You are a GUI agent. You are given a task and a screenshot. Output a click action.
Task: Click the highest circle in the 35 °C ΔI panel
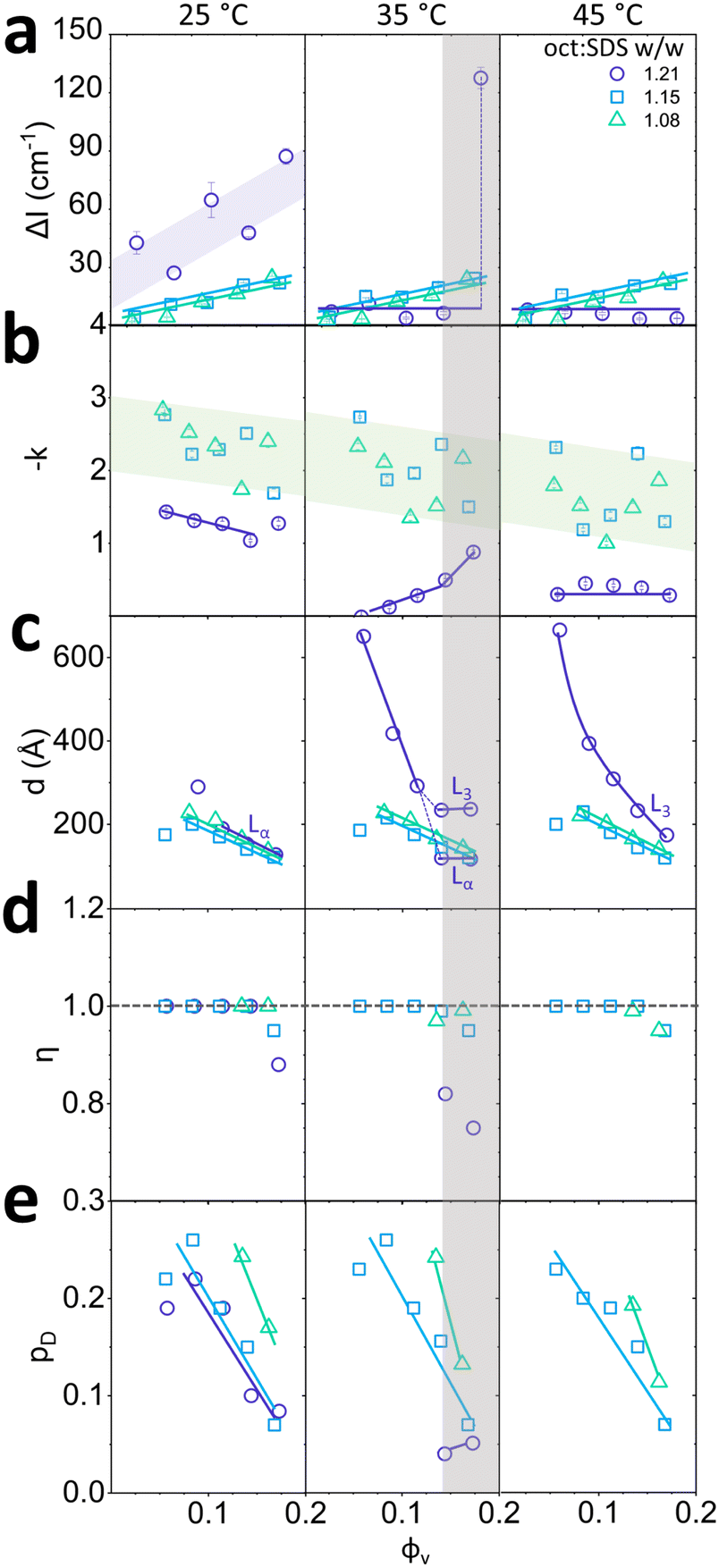coord(481,78)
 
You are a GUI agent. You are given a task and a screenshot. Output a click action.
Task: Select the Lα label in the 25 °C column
coord(260,832)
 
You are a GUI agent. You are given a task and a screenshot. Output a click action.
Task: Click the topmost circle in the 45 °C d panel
coord(560,630)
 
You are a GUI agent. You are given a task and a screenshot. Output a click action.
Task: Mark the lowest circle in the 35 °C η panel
coord(473,1128)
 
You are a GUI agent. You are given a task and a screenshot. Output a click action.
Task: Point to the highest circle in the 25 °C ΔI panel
coord(285,156)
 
